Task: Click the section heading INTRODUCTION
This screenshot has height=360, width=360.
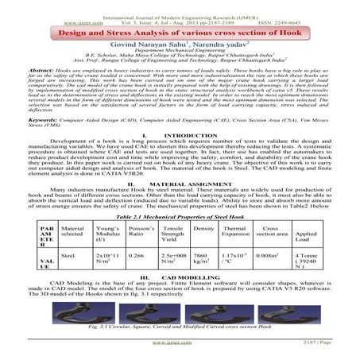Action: [x=187, y=157]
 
